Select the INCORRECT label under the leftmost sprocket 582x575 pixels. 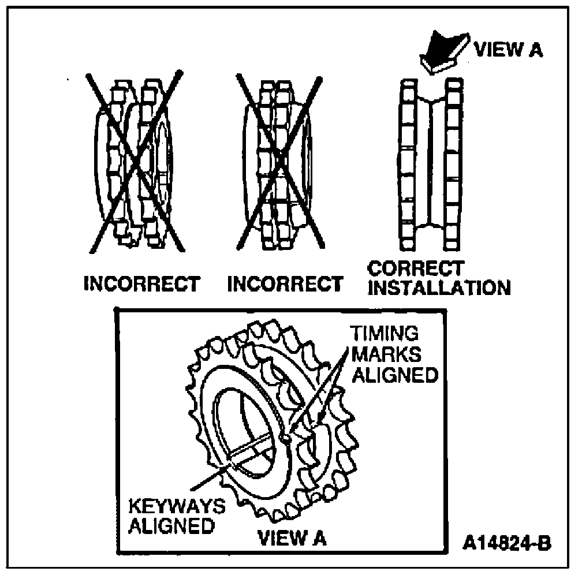tap(142, 285)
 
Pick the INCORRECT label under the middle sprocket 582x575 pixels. tap(285, 285)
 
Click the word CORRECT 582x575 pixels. tap(416, 269)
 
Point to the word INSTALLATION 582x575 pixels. tap(439, 288)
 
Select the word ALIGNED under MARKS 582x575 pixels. tap(395, 375)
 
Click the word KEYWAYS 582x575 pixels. tap(176, 506)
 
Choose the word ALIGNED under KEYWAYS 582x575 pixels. tap(170, 527)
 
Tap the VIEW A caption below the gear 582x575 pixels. tap(292, 538)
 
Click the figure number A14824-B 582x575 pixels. tap(506, 543)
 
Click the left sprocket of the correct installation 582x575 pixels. tap(409, 165)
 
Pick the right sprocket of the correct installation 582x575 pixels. tap(454, 165)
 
